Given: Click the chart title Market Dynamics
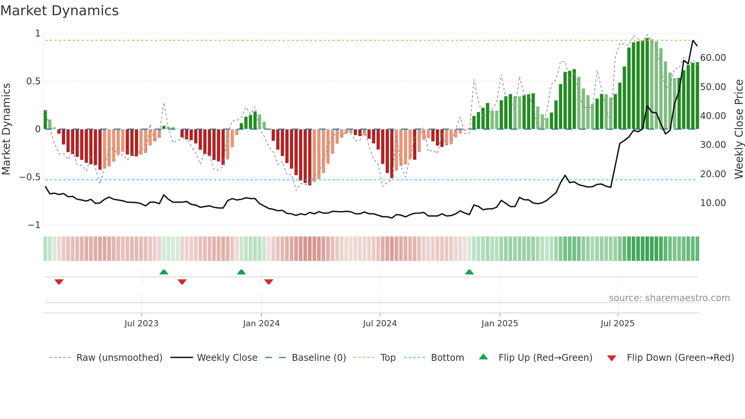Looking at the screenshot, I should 59,11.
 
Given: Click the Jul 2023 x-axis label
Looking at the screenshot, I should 141,324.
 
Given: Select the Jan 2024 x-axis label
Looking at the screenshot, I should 261,324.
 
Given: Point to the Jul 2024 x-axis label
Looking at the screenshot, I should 380,324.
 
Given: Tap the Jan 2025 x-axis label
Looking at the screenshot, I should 499,324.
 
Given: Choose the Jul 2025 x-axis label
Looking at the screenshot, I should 618,324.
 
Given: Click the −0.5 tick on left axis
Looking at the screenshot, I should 30,177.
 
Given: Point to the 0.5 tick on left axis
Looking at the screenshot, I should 33,81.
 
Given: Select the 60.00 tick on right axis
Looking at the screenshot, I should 713,58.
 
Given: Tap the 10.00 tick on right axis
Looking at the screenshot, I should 713,203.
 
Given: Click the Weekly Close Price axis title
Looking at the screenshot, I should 739,129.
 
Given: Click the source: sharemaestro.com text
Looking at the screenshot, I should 669,298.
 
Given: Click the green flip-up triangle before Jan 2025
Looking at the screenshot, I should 469,272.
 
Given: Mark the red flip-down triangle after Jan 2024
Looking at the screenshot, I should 269,282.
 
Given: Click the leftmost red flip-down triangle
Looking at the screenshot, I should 59,282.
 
